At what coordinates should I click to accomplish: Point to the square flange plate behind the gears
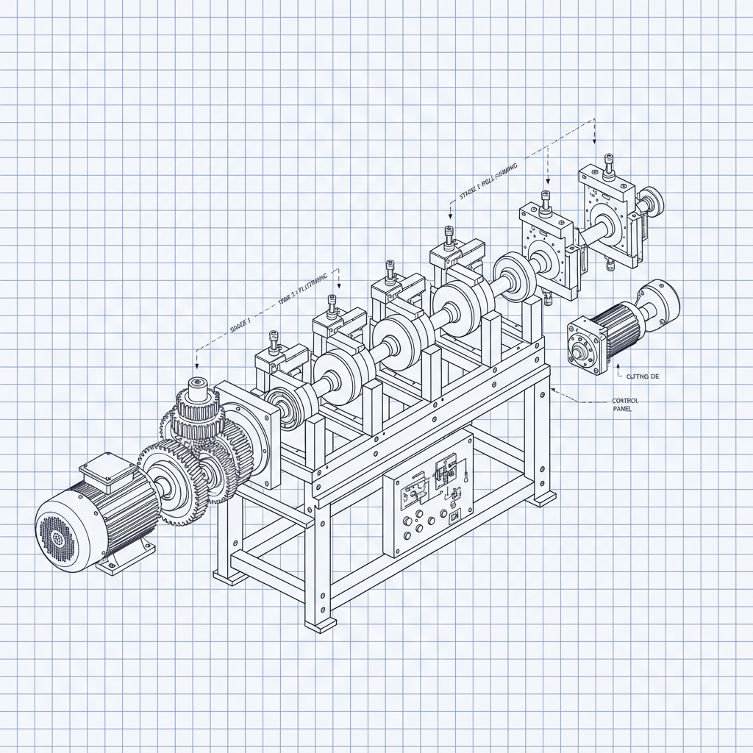[x=246, y=434]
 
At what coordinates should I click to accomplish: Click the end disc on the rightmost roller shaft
[x=652, y=199]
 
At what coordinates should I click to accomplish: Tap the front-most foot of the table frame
[x=321, y=626]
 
